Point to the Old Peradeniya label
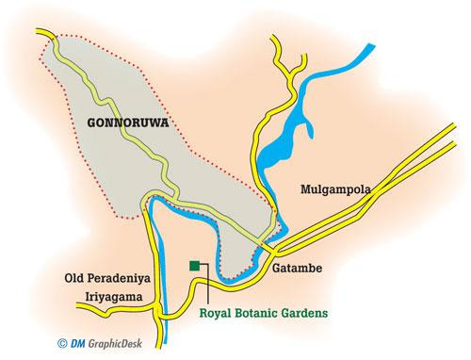pos(105,279)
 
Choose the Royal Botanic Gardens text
pos(266,306)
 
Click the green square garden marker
pos(194,267)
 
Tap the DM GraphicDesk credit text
pos(69,345)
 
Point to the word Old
pos(73,279)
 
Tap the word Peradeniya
pos(118,279)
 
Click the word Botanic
pos(259,306)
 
